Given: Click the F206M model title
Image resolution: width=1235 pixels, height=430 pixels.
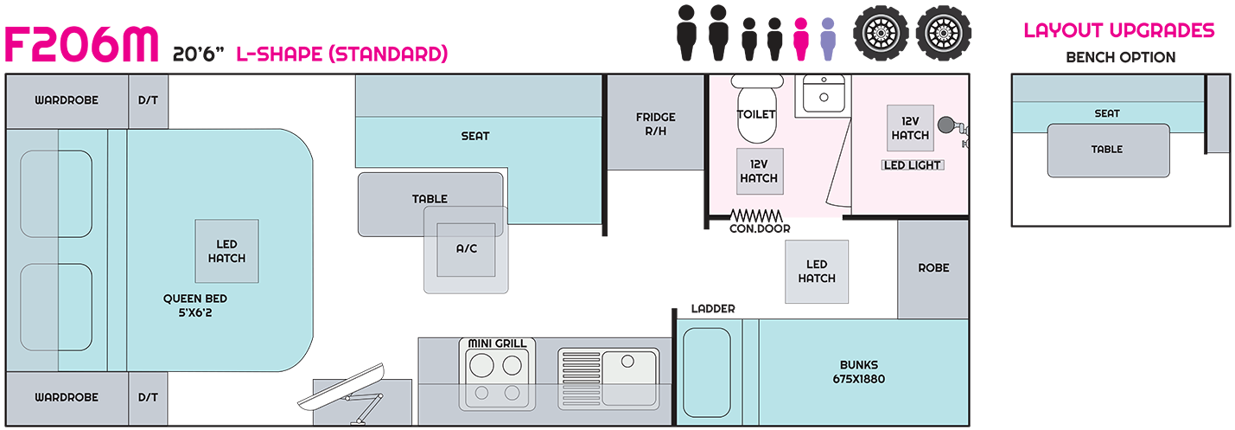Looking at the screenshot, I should [83, 44].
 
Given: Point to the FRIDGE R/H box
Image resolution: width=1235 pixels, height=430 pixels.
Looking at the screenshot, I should [655, 123].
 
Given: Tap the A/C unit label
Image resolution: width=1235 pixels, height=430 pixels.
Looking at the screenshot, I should [466, 248].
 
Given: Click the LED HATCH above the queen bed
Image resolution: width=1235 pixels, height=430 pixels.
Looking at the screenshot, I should [226, 251].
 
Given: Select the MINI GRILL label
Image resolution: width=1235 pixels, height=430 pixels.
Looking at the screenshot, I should [497, 343].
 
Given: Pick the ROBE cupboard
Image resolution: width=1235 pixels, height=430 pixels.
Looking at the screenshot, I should [933, 268].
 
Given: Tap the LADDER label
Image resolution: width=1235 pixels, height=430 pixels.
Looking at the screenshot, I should [713, 309].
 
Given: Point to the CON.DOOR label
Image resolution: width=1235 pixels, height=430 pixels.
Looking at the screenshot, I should [759, 228].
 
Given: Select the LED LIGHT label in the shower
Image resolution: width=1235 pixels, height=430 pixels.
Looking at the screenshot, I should [912, 165].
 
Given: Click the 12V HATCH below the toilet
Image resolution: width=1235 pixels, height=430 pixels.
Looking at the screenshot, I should [759, 171].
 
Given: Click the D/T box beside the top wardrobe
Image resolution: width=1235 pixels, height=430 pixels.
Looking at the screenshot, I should [148, 100].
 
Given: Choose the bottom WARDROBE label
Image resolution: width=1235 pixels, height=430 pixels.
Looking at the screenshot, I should [67, 397].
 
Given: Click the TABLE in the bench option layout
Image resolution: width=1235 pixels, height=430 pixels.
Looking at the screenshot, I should [1107, 149].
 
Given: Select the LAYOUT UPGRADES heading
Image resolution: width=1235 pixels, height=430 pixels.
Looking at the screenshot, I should [1119, 31].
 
